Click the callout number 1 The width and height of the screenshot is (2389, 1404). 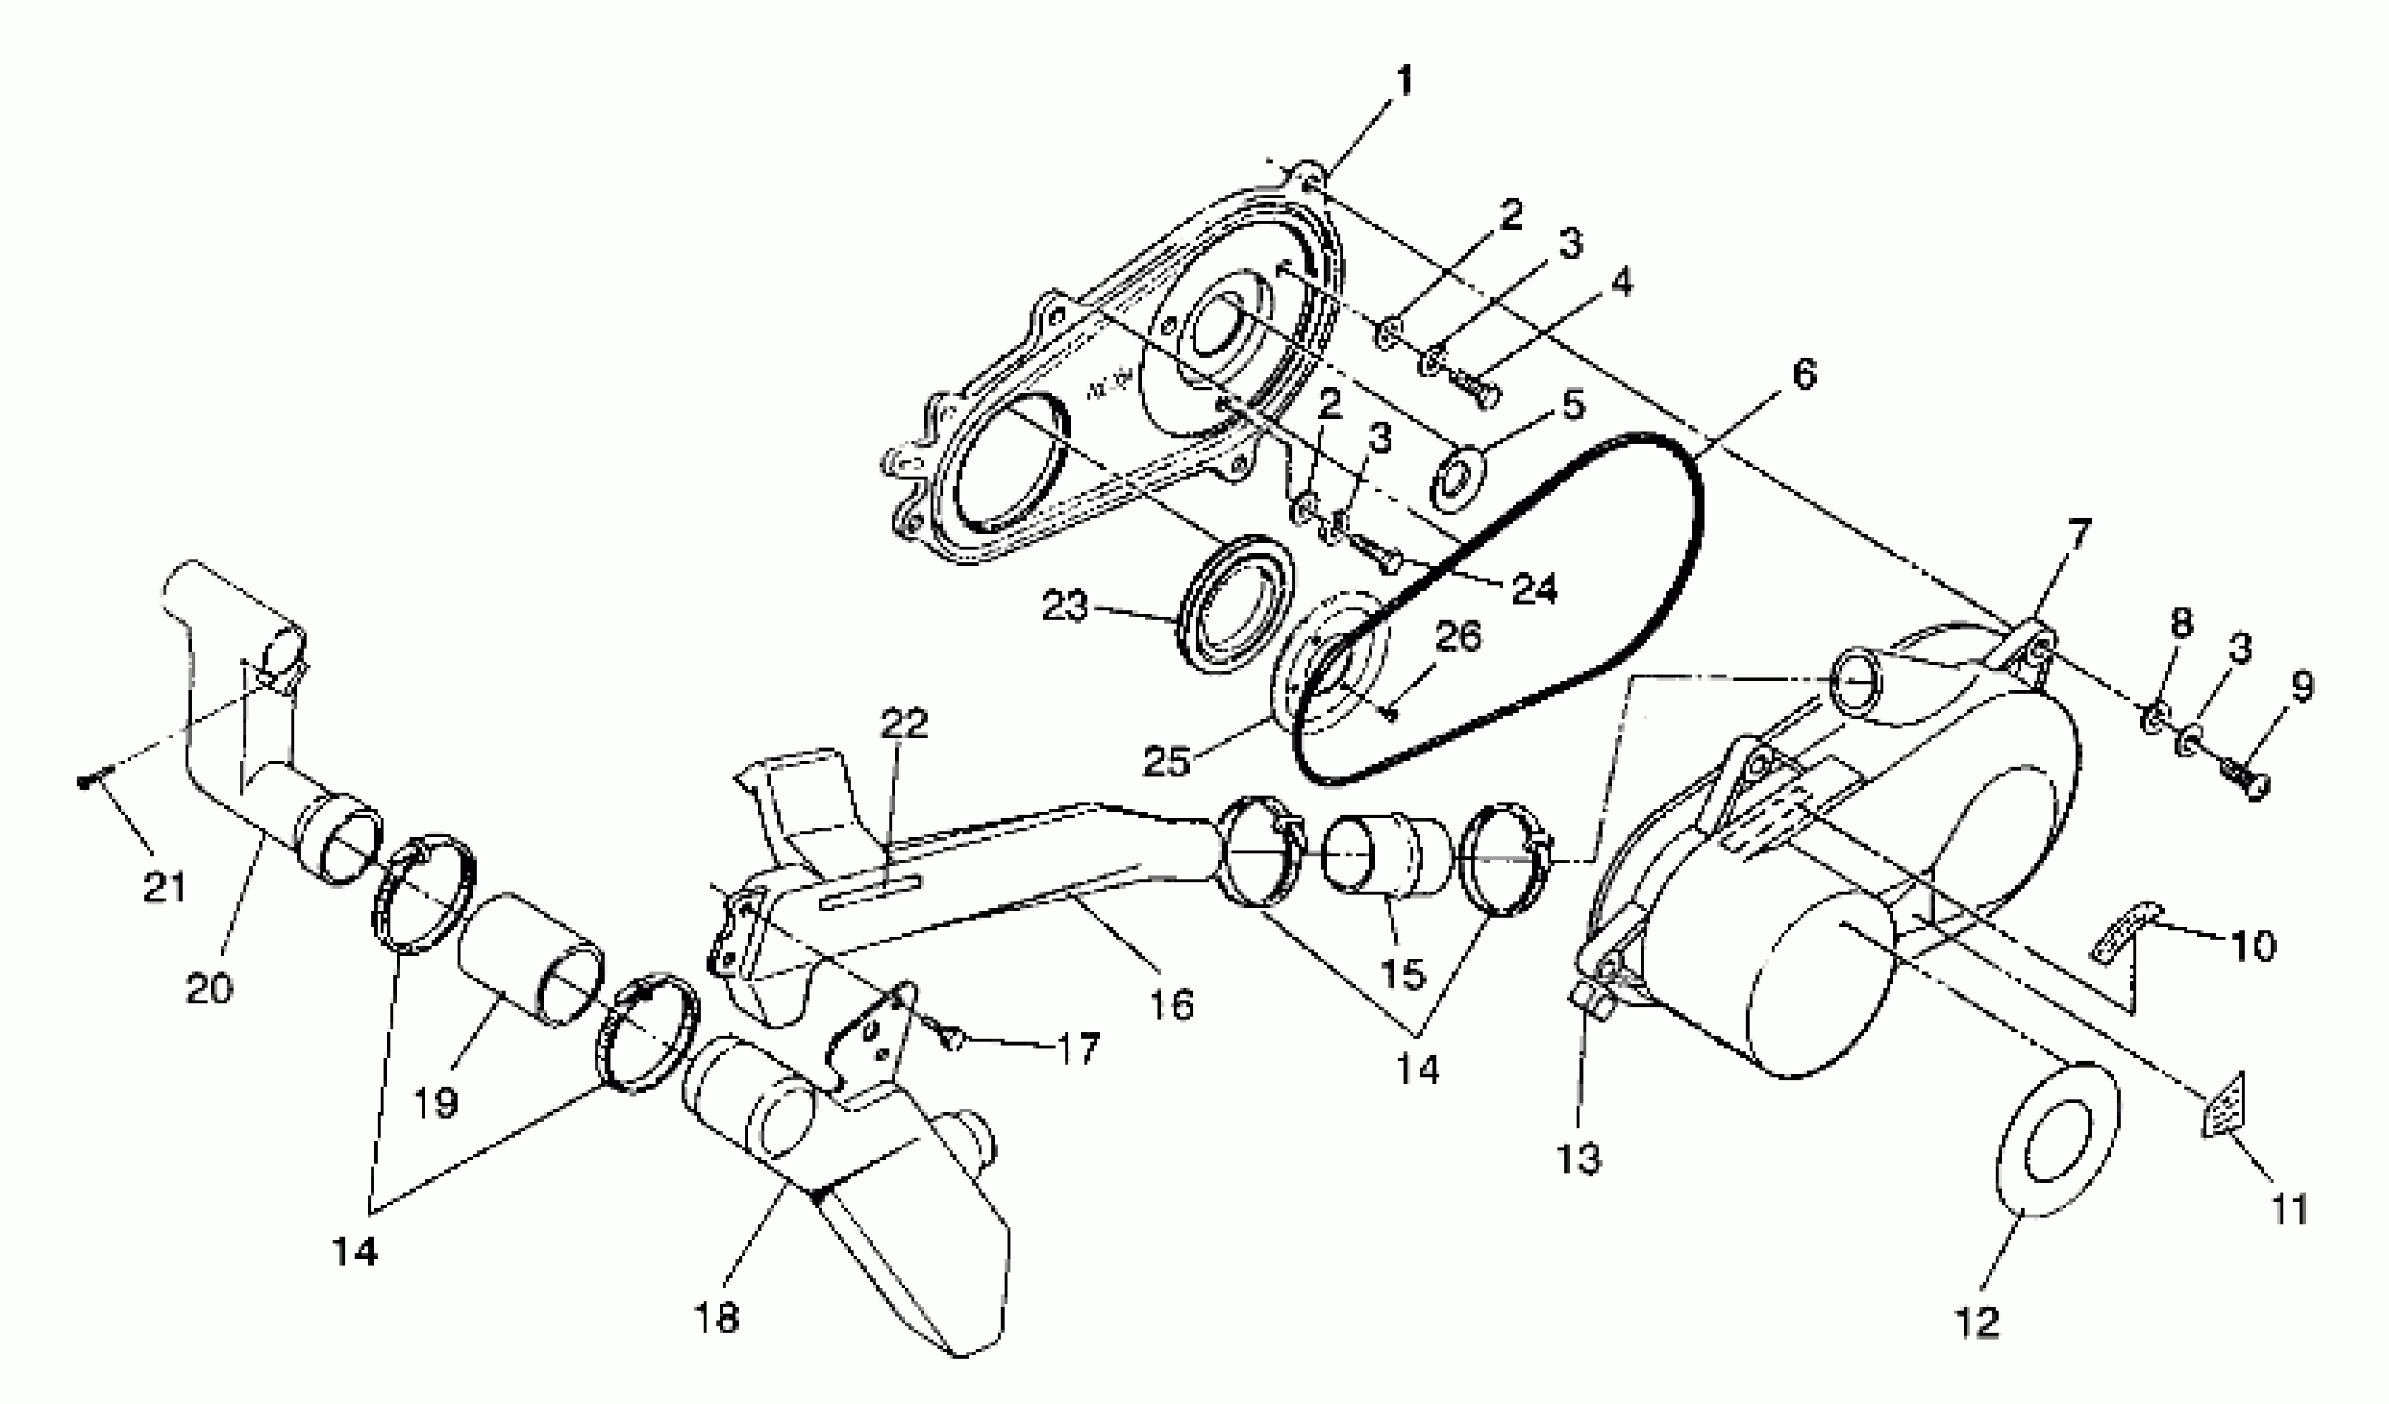tap(1404, 82)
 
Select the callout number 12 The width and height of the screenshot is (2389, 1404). tap(1977, 1321)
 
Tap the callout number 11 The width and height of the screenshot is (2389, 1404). tap(2291, 1210)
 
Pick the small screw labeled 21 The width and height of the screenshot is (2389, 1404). tap(85, 781)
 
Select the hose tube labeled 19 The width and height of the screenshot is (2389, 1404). tap(531, 957)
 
